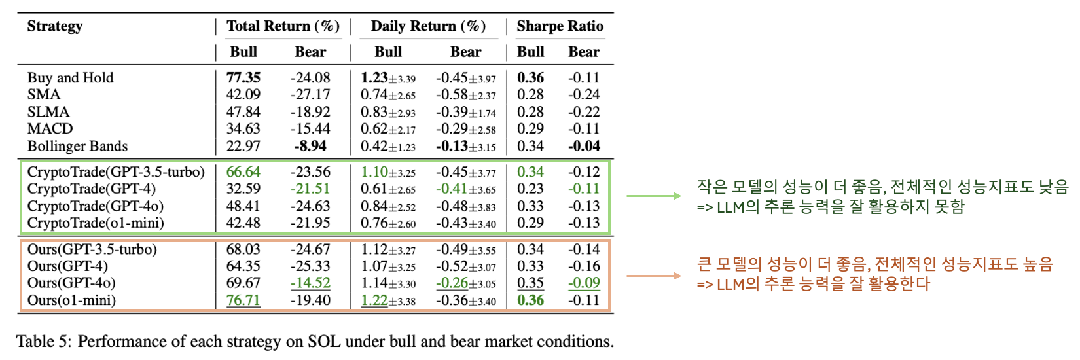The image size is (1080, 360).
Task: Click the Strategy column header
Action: pyautogui.click(x=55, y=26)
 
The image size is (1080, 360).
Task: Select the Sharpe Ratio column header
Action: pyautogui.click(x=560, y=26)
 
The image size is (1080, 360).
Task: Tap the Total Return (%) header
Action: pyautogui.click(x=283, y=26)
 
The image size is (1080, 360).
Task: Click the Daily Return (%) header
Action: pyautogui.click(x=428, y=26)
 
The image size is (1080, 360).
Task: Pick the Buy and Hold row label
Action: pyautogui.click(x=70, y=78)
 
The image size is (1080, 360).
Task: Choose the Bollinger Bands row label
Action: pyautogui.click(x=77, y=146)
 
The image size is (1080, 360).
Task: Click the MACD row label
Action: pyautogui.click(x=50, y=129)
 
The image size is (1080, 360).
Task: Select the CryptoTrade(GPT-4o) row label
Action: pyautogui.click(x=96, y=206)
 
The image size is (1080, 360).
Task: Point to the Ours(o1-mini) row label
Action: pyautogui.click(x=71, y=300)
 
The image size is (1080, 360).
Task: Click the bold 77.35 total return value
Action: pyautogui.click(x=243, y=78)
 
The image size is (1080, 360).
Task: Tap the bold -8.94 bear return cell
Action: pyautogui.click(x=310, y=146)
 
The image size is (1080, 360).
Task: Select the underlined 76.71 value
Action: pyautogui.click(x=243, y=300)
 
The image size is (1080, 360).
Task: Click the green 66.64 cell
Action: pyautogui.click(x=243, y=172)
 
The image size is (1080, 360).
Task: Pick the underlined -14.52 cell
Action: pyautogui.click(x=310, y=283)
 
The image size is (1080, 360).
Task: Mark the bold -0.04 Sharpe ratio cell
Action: pyautogui.click(x=584, y=146)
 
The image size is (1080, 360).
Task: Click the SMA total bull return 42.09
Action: pyautogui.click(x=243, y=95)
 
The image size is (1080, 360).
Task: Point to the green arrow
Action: pyautogui.click(x=654, y=196)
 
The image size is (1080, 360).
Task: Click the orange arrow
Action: pyautogui.click(x=654, y=276)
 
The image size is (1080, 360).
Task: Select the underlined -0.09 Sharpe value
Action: pyautogui.click(x=584, y=283)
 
